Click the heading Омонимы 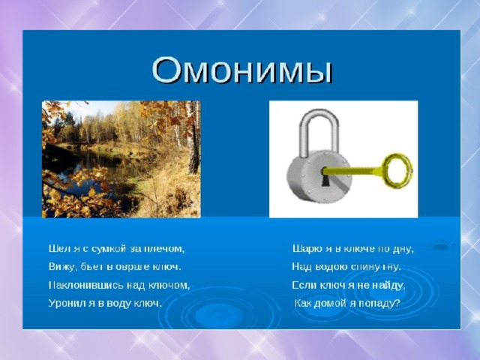point(241,70)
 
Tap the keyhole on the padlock point(325,177)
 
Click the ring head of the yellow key point(397,170)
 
